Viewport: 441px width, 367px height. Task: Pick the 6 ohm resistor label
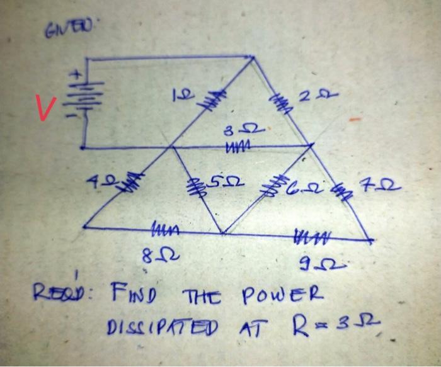coord(297,185)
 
